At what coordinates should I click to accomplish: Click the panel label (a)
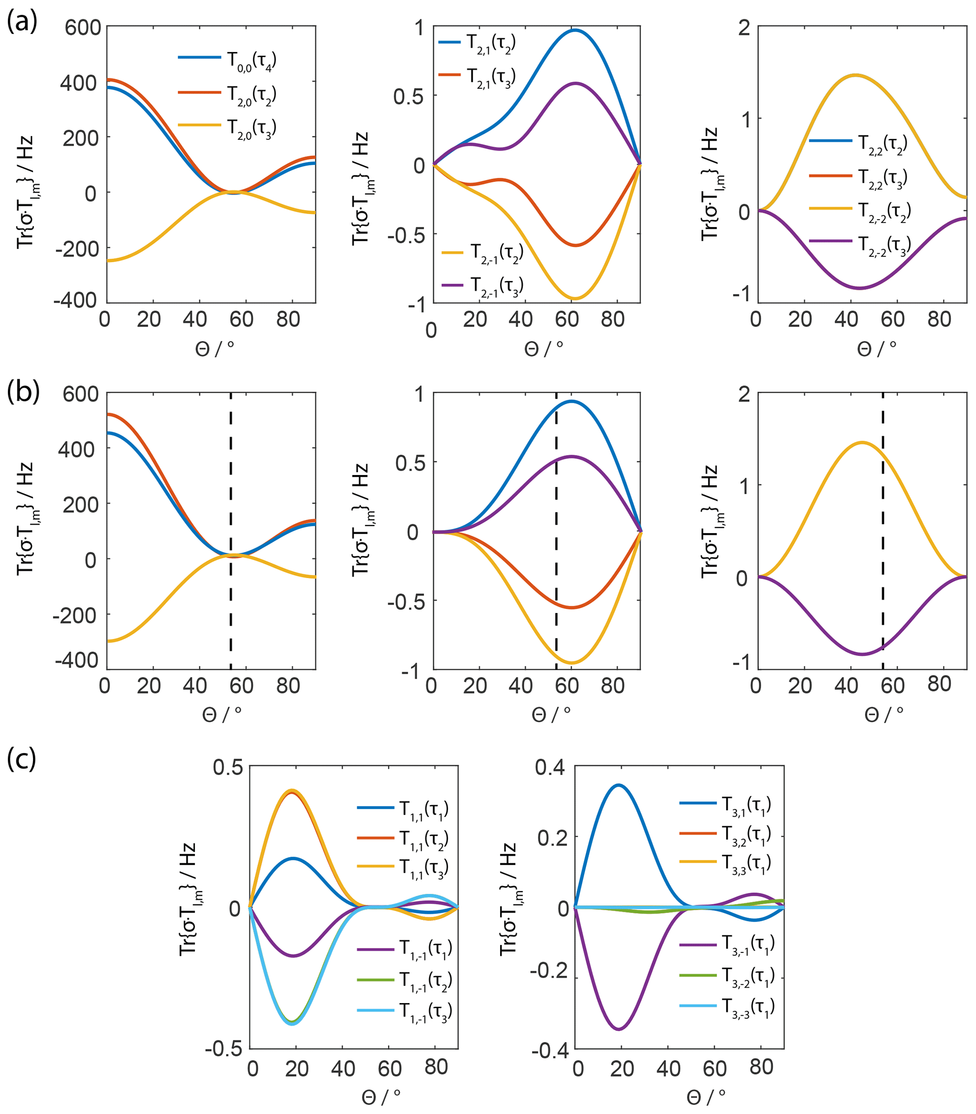point(21,22)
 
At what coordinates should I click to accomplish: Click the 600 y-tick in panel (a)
point(83,27)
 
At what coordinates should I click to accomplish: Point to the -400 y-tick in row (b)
point(76,661)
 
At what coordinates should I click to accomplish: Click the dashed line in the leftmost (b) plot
point(231,490)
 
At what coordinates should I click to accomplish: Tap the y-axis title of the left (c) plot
point(188,908)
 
